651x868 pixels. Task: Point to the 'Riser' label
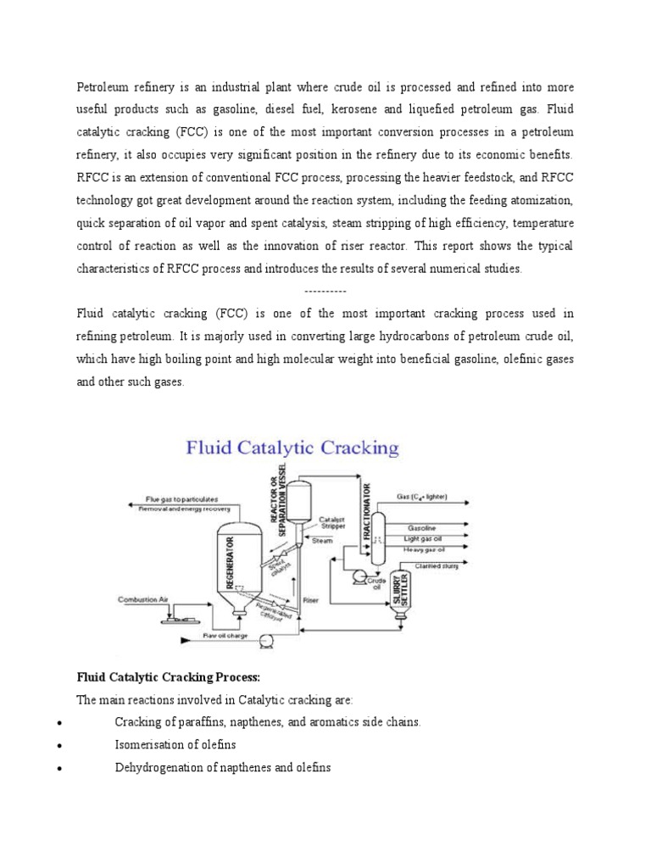[310, 599]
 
